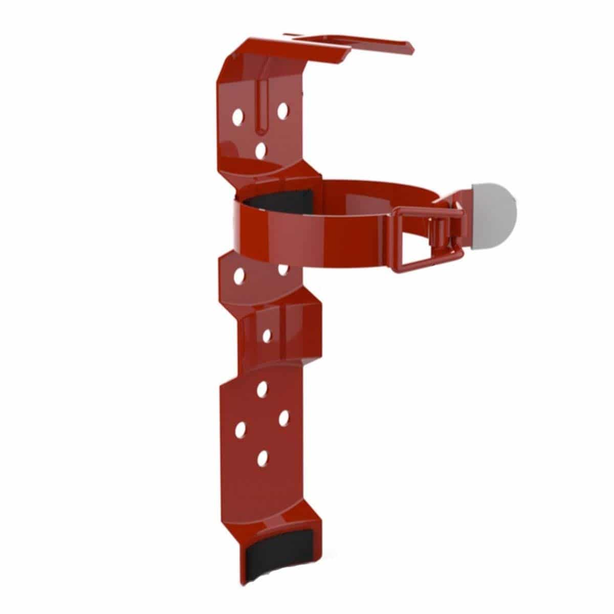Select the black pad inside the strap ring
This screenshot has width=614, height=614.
click(279, 201)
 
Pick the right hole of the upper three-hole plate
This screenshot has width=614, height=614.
click(282, 109)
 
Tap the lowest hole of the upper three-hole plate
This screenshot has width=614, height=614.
click(261, 150)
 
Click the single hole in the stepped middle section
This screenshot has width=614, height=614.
click(266, 335)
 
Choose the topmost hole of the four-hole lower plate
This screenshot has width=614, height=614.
click(262, 390)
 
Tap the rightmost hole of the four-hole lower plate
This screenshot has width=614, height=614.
click(284, 418)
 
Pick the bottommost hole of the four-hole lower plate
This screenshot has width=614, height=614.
click(262, 458)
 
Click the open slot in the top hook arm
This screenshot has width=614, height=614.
click(327, 42)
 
